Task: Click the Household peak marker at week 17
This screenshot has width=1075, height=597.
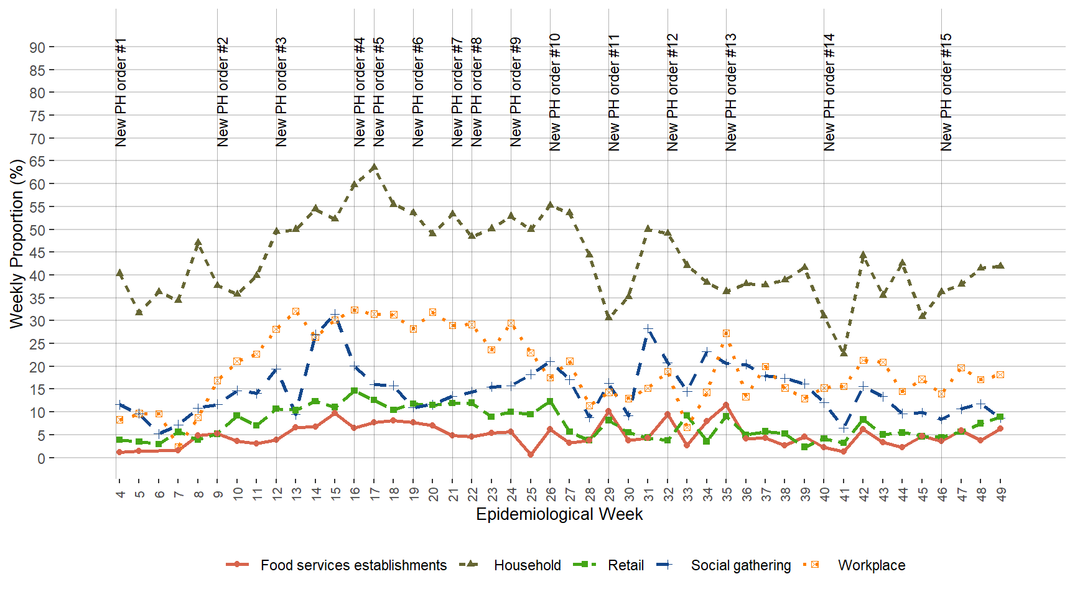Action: pyautogui.click(x=374, y=168)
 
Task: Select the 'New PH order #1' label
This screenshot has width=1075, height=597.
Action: pyautogui.click(x=121, y=92)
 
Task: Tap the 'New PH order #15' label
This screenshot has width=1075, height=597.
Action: pyautogui.click(x=946, y=92)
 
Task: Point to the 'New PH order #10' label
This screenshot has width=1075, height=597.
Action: pyautogui.click(x=555, y=92)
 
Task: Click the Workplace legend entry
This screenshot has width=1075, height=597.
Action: pyautogui.click(x=871, y=565)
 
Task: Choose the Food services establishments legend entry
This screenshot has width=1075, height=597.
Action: pyautogui.click(x=353, y=565)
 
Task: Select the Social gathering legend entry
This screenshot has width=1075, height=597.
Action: pyautogui.click(x=740, y=565)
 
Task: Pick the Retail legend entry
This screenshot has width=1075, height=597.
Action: pyautogui.click(x=625, y=565)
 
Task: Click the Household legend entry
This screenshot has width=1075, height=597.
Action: pyautogui.click(x=527, y=565)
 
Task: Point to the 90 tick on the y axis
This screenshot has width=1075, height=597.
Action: pyautogui.click(x=37, y=47)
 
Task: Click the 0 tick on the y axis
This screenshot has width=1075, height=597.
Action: pyautogui.click(x=41, y=458)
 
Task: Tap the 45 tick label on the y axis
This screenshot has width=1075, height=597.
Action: pyautogui.click(x=37, y=252)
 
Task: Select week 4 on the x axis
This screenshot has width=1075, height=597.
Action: pyautogui.click(x=120, y=494)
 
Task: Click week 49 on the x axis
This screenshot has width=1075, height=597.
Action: pyautogui.click(x=1001, y=494)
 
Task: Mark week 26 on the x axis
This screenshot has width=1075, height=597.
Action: pyautogui.click(x=551, y=494)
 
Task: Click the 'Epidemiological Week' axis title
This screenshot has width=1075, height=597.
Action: pyautogui.click(x=559, y=514)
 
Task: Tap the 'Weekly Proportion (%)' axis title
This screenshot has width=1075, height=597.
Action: pyautogui.click(x=17, y=243)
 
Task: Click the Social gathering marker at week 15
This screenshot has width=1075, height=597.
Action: pyautogui.click(x=335, y=314)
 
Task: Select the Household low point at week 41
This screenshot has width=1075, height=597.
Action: pyautogui.click(x=844, y=353)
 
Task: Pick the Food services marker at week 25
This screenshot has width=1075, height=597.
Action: pyautogui.click(x=531, y=455)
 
